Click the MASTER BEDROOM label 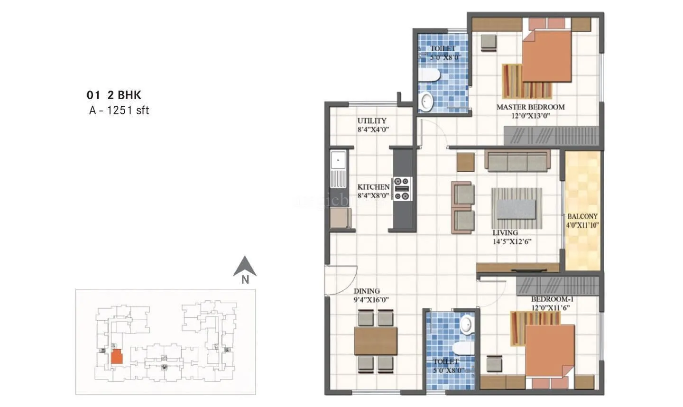[530, 107]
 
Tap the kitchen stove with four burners [402, 189]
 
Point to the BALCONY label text [582, 217]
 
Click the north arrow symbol [245, 268]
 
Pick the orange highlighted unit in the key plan [117, 357]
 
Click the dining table [376, 341]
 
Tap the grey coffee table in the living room [516, 209]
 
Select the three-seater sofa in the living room [517, 162]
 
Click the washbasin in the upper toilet [427, 101]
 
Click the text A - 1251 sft [119, 111]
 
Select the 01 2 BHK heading [114, 95]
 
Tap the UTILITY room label [372, 121]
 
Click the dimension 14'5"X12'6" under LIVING [511, 241]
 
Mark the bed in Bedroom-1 [549, 351]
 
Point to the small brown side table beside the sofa [465, 162]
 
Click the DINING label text [367, 291]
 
